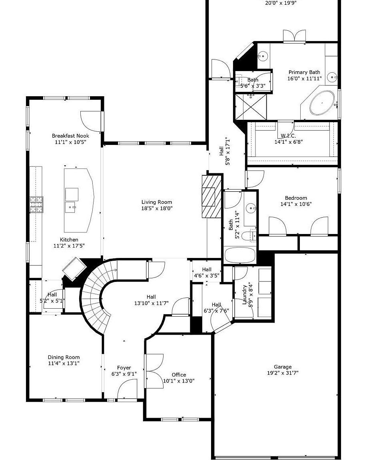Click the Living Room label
156,202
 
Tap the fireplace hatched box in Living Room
208,196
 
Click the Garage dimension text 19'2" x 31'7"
283,373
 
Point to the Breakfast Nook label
70,136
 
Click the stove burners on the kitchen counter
36,204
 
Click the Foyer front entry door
127,389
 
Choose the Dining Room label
64,357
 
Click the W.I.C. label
285,136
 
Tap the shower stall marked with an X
251,107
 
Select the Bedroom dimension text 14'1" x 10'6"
296,204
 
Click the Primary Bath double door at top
295,36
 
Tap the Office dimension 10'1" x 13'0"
179,381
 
